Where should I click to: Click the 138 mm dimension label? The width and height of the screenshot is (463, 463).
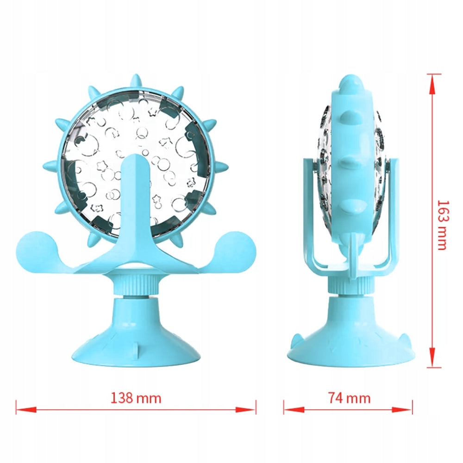point(136,398)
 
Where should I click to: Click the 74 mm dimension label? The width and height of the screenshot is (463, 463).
point(349,398)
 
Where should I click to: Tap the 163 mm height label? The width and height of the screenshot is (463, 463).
point(443,225)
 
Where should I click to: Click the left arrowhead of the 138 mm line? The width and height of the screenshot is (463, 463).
point(26,410)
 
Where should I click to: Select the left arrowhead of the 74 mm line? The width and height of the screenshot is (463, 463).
point(294,410)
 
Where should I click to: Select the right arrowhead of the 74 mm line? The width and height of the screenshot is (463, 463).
point(402,410)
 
